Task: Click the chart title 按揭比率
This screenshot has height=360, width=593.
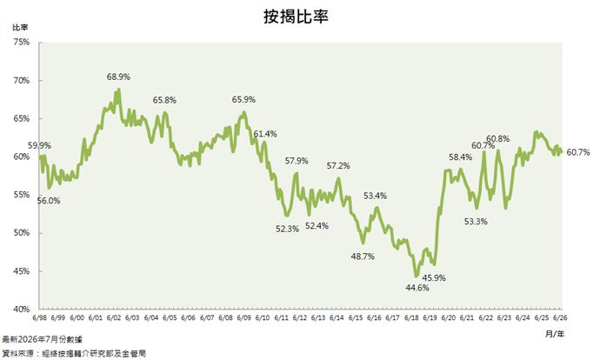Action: pos(296,17)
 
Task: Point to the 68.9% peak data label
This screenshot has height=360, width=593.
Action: pos(118,77)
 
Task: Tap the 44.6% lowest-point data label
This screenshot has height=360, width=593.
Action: pos(417,288)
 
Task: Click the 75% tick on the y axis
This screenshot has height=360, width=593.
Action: pos(22,42)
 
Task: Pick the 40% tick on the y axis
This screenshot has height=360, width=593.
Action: pos(22,309)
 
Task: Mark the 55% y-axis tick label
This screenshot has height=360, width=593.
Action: pos(22,195)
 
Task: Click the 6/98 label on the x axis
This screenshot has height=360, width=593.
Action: pos(39,317)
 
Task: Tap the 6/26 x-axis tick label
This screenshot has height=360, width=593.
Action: pos(560,317)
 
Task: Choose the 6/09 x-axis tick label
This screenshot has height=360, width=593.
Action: pos(244,317)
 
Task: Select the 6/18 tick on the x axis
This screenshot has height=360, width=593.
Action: pos(411,317)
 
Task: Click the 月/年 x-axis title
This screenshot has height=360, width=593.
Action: pos(555,334)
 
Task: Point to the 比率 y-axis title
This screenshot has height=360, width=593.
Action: pos(20,28)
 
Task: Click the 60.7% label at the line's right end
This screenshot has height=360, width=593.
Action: pos(578,152)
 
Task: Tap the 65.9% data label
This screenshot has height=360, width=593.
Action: pos(244,99)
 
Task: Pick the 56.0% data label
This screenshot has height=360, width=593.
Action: pos(49,201)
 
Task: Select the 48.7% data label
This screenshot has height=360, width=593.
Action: pos(363,257)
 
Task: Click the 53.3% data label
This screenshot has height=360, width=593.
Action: pos(476,222)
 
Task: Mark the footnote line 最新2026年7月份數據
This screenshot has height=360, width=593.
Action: pos(42,339)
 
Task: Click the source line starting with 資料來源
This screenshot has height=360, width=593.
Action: pos(74,354)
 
